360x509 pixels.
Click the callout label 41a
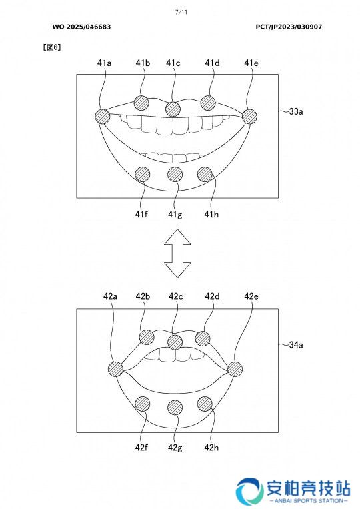(x=104, y=63)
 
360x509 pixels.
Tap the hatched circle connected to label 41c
(x=173, y=109)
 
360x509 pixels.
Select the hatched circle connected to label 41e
(x=249, y=116)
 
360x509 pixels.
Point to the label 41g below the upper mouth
(x=175, y=215)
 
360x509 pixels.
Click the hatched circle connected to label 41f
(x=142, y=174)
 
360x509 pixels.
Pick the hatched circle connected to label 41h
(x=205, y=174)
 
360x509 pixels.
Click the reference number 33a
(x=296, y=111)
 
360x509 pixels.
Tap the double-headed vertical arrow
(x=177, y=253)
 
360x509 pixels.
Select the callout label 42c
(x=176, y=296)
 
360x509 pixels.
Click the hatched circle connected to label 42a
(x=115, y=369)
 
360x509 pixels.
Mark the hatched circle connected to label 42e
(x=235, y=369)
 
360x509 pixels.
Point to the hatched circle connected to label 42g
(x=175, y=407)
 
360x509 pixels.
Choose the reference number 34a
(x=296, y=344)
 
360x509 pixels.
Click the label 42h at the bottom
(x=211, y=448)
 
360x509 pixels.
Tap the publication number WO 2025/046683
(x=81, y=27)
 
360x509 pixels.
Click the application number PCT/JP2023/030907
(x=289, y=27)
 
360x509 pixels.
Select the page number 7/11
(x=181, y=13)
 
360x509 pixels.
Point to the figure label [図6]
(x=52, y=47)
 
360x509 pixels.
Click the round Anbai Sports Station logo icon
(x=249, y=491)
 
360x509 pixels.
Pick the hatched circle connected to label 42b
(x=147, y=338)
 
